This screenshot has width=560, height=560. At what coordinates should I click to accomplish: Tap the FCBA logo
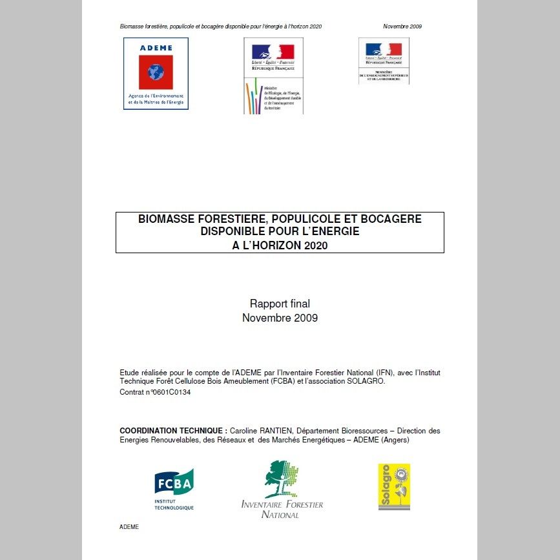tap(174, 490)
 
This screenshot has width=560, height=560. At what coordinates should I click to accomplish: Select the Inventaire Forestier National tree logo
tap(282, 479)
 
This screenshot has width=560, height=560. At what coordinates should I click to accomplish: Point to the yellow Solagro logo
tap(394, 486)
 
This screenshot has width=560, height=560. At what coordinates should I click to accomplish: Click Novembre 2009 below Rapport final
tap(280, 318)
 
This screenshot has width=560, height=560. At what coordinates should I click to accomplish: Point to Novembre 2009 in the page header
tap(402, 26)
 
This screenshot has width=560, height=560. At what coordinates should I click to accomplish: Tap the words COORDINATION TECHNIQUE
tap(172, 430)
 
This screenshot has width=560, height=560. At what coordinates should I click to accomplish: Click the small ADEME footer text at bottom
tap(129, 527)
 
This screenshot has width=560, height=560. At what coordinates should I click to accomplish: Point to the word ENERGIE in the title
tap(327, 231)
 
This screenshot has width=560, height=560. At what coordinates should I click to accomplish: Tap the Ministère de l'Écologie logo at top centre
tap(273, 76)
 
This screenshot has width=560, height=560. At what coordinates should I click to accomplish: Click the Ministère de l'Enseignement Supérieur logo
tap(384, 61)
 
